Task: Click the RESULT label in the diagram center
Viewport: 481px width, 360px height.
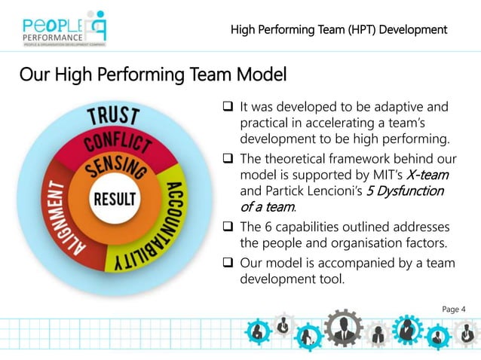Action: click(x=115, y=200)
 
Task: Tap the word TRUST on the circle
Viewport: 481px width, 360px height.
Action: click(x=114, y=117)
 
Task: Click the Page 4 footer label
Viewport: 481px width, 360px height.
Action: click(x=453, y=309)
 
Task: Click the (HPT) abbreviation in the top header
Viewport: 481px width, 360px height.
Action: click(x=352, y=29)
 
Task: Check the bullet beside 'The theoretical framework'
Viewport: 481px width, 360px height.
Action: click(x=225, y=160)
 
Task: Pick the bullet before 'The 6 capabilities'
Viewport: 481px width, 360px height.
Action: click(x=225, y=227)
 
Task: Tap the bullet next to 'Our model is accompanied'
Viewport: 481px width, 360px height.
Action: click(x=225, y=263)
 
